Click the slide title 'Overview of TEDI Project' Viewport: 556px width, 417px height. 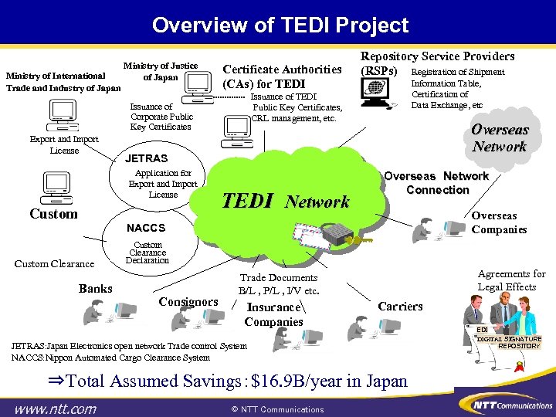[x=280, y=25]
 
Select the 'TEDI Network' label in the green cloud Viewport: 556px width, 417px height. [x=286, y=201]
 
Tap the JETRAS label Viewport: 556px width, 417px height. [x=146, y=159]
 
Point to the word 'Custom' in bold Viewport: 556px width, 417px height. [x=53, y=214]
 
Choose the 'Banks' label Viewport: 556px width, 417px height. [x=95, y=289]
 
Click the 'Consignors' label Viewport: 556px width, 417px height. [x=188, y=301]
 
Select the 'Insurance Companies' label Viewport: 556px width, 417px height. [x=273, y=314]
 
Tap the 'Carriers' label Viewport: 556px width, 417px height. [x=400, y=306]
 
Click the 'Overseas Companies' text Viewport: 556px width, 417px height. [x=499, y=222]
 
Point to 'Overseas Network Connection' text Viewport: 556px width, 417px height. [x=436, y=182]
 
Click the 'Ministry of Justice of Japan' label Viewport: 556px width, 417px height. [x=160, y=71]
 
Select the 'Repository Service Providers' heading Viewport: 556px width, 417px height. [x=437, y=56]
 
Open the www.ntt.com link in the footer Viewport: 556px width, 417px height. [x=55, y=408]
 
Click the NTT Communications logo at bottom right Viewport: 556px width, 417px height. [x=501, y=405]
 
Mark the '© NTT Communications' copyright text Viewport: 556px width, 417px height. [x=278, y=409]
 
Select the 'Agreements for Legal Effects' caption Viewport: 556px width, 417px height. [x=511, y=280]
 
